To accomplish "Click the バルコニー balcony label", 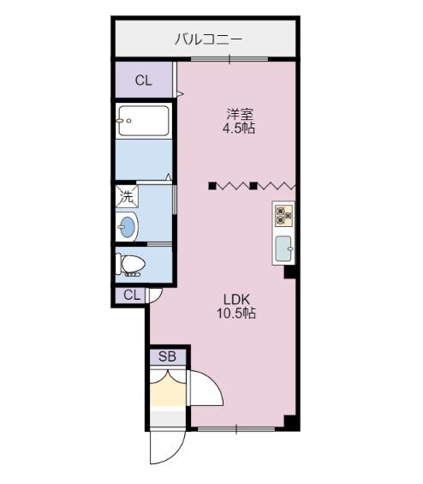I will pyautogui.click(x=208, y=39).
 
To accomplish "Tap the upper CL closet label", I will pyautogui.click(x=143, y=81).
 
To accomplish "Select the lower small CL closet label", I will pyautogui.click(x=131, y=296).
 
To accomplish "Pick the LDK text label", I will pyautogui.click(x=236, y=299).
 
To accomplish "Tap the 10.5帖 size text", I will pyautogui.click(x=236, y=314).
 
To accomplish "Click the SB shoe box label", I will pyautogui.click(x=167, y=356).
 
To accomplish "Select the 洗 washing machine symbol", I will pyautogui.click(x=126, y=196).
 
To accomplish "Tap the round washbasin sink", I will pyautogui.click(x=128, y=228).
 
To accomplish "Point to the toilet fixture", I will pyautogui.click(x=131, y=265).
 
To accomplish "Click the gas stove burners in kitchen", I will pyautogui.click(x=284, y=214).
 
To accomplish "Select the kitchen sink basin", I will pyautogui.click(x=283, y=248).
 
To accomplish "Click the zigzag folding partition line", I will pyautogui.click(x=253, y=185).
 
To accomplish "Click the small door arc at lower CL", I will pyautogui.click(x=155, y=296).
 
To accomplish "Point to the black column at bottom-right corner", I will pyautogui.click(x=291, y=422).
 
